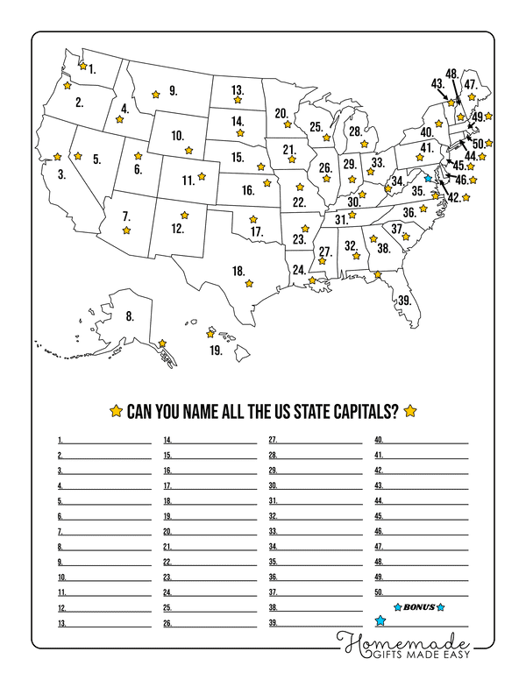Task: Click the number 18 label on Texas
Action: click(238, 271)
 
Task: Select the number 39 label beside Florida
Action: click(404, 300)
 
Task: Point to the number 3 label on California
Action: click(62, 174)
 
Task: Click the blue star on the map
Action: click(428, 177)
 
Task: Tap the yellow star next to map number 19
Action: click(210, 334)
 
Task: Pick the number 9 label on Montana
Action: click(173, 89)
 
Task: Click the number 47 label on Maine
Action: click(471, 84)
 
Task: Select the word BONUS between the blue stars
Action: click(420, 606)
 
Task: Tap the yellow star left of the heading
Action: click(115, 411)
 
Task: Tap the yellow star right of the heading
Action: click(409, 411)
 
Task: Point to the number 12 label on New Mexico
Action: click(177, 229)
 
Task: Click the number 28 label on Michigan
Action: click(355, 131)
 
